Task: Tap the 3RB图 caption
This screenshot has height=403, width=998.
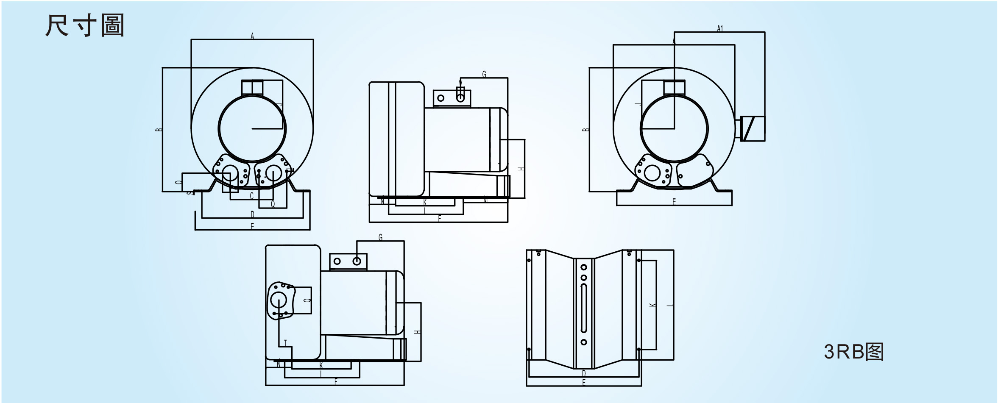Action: point(853,352)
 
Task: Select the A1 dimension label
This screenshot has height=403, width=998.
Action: point(719,28)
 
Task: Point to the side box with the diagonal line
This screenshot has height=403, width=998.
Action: point(753,128)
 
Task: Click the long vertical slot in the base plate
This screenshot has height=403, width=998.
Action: point(584,309)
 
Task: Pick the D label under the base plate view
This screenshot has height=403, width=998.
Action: point(584,373)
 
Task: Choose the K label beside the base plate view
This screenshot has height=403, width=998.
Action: point(653,305)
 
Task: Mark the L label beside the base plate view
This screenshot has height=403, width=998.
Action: point(670,306)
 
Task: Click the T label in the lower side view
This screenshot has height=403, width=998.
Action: point(285,343)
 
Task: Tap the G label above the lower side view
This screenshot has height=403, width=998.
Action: point(380,237)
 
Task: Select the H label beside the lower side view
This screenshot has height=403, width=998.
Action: point(418,332)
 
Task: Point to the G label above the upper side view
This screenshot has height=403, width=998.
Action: point(484,74)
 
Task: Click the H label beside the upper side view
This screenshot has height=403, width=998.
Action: point(521,169)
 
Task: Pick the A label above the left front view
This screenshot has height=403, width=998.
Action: point(252,36)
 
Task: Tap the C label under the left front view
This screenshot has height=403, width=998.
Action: point(251,196)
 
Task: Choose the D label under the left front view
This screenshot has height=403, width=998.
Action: point(252,214)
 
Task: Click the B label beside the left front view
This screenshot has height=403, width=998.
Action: point(159,130)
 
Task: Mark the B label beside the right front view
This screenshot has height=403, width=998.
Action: point(586,130)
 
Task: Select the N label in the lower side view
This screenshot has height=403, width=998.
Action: point(279,364)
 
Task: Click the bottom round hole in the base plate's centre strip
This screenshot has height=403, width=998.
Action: point(584,342)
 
